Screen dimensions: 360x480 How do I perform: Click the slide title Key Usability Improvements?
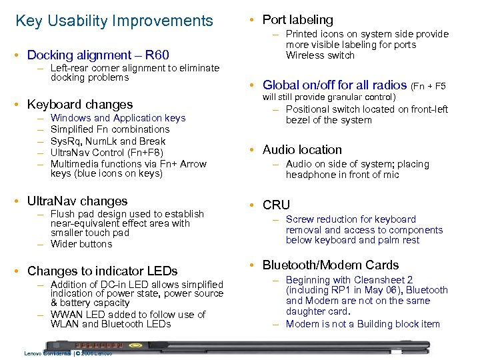pos(114,21)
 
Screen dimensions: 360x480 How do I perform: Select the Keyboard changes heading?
pos(80,104)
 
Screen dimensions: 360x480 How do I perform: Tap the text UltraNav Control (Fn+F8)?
pos(107,152)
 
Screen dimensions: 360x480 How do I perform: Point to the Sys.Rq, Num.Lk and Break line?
pos(108,141)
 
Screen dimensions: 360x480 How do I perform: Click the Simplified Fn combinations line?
pos(110,129)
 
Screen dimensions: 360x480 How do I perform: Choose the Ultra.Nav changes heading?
pos(77,201)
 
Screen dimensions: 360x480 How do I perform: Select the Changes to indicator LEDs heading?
pos(102,271)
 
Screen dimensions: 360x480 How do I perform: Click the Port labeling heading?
pos(297,20)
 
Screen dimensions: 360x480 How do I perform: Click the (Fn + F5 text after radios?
pos(429,85)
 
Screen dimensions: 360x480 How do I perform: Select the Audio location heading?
pos(302,149)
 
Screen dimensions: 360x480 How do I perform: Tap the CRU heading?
pos(276,205)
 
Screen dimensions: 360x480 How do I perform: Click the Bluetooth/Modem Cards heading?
pos(331,265)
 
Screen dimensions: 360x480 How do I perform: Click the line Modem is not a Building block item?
pos(363,324)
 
